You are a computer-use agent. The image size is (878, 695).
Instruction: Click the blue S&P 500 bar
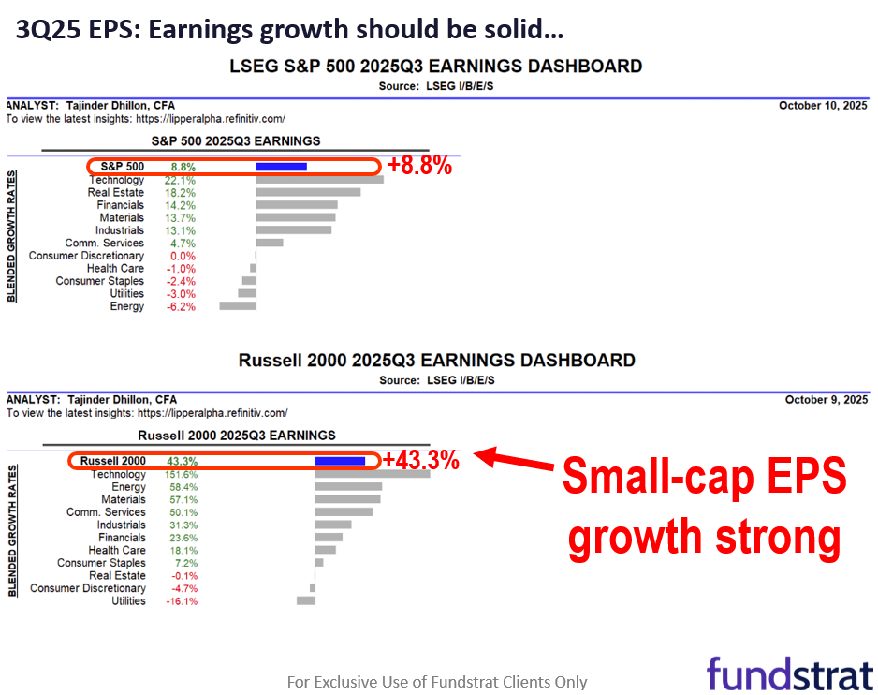click(x=281, y=167)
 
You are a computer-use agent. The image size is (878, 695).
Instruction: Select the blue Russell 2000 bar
click(x=340, y=461)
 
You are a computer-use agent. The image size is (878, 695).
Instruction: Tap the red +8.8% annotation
click(x=419, y=166)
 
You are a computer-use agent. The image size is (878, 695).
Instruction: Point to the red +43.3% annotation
click(x=421, y=460)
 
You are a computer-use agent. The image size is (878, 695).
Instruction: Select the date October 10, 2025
click(x=823, y=106)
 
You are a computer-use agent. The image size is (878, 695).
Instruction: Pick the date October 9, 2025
click(x=826, y=400)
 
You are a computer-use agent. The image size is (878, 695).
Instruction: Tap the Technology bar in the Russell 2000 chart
click(x=373, y=474)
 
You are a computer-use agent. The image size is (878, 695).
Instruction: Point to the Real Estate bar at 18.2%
click(x=308, y=192)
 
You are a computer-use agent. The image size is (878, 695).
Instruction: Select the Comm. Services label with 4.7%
click(x=104, y=244)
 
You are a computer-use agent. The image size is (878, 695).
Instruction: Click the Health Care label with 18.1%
click(x=117, y=551)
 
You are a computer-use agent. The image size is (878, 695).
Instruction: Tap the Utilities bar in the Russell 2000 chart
click(x=306, y=600)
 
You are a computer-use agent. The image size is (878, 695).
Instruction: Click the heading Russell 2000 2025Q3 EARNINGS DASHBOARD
click(x=437, y=361)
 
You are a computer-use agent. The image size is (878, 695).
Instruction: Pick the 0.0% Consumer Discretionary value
click(x=183, y=256)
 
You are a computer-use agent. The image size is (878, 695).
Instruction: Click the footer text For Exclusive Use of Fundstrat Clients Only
click(x=437, y=682)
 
